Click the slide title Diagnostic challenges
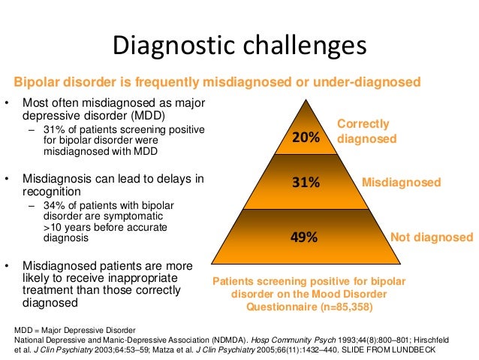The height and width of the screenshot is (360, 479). point(239,46)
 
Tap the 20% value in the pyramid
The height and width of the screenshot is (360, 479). point(306,138)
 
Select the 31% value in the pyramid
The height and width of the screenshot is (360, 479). point(306,183)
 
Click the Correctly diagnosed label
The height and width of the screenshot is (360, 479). point(366,132)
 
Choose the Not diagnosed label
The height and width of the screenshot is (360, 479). point(432,237)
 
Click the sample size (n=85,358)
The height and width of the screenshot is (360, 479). point(335,307)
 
